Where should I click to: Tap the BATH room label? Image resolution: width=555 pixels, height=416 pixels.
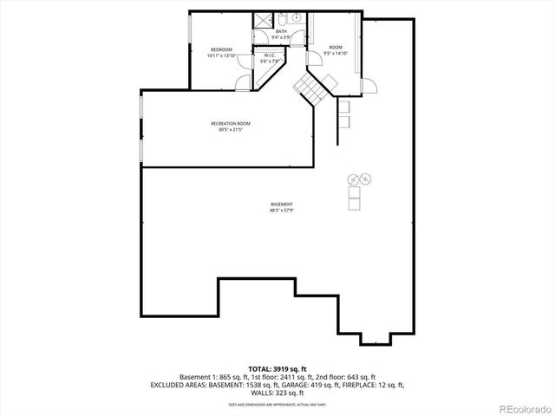click(x=281, y=31)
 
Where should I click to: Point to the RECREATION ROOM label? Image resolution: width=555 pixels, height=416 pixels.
click(x=230, y=124)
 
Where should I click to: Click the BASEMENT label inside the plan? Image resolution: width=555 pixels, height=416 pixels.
click(x=282, y=205)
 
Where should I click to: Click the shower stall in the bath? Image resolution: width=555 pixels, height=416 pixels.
click(x=263, y=19)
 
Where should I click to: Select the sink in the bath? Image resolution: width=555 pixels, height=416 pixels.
click(x=296, y=18)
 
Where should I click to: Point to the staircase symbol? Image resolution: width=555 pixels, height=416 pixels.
click(x=310, y=88)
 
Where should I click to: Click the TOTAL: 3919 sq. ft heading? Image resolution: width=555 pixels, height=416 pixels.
click(x=277, y=369)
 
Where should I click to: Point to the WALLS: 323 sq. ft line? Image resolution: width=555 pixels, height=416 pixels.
click(x=277, y=392)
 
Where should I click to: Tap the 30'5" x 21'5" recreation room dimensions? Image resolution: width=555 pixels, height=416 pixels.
click(x=230, y=130)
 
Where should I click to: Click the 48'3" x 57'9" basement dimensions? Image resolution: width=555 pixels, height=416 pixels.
click(x=282, y=211)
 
